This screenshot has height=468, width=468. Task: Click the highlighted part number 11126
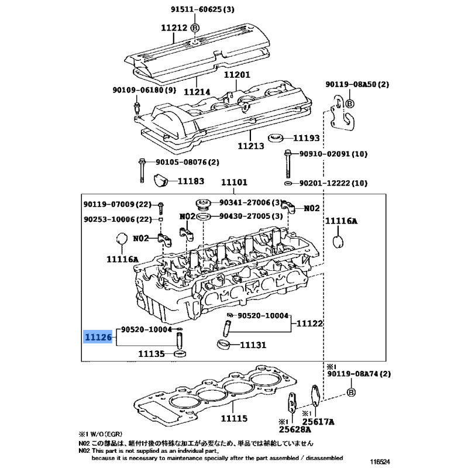[98, 337]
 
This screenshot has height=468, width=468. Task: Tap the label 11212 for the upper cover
[174, 27]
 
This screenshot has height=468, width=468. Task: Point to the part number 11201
[237, 74]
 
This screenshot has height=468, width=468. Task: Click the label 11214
[197, 92]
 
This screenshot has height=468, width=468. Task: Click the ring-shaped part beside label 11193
[276, 138]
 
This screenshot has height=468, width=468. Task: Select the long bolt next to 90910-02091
[288, 164]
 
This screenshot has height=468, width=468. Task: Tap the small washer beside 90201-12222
[288, 183]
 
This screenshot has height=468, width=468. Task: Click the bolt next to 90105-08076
[142, 170]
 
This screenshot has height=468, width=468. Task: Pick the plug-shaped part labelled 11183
[161, 180]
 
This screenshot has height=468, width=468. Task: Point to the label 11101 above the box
[234, 182]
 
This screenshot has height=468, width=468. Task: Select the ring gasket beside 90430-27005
[204, 216]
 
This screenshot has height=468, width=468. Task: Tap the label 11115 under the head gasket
[234, 418]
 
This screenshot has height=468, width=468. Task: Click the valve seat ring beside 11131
[224, 345]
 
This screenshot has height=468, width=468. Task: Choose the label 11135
[152, 354]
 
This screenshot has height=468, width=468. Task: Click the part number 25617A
[318, 422]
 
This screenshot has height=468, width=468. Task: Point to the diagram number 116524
[380, 462]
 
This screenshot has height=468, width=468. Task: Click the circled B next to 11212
[195, 28]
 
